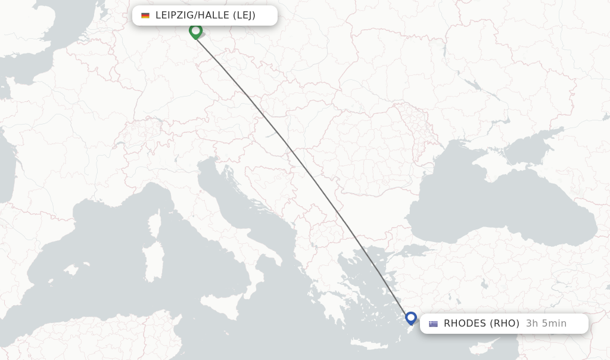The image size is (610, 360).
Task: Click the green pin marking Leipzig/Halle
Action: pos(195,30)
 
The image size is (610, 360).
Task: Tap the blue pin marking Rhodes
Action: pos(411,318)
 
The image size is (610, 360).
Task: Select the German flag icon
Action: pos(145,15)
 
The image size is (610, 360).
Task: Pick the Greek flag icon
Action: pos(433,324)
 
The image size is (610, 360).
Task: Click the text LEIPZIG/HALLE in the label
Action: pos(186,15)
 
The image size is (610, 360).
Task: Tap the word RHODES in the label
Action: pos(465,324)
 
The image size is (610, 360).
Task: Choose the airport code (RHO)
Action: pos(505,324)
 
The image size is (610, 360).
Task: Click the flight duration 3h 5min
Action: pos(546,324)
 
